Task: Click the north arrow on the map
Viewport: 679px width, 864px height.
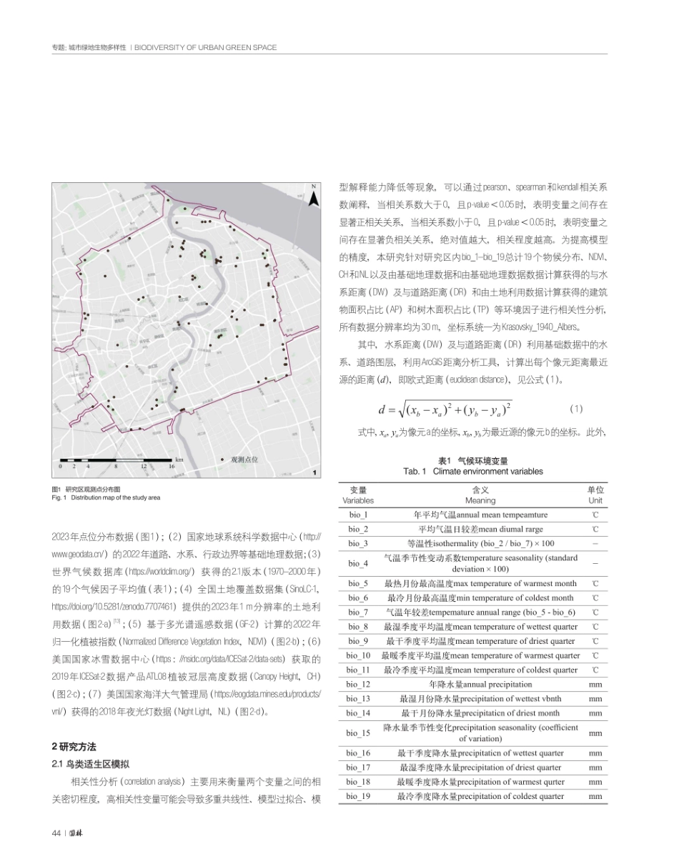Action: (x=312, y=197)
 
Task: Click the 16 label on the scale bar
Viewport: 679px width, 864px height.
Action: (x=172, y=466)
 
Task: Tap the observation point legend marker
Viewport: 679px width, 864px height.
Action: (x=223, y=460)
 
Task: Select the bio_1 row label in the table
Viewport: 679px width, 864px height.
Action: (x=358, y=515)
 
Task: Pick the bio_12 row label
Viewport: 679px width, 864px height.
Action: (x=358, y=684)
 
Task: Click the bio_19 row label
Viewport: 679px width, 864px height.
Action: (x=358, y=795)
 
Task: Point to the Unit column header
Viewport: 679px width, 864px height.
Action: (x=595, y=495)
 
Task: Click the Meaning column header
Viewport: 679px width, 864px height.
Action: (x=481, y=495)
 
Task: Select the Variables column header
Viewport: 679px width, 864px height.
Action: (x=358, y=495)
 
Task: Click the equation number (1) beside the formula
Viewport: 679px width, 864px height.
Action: (x=577, y=409)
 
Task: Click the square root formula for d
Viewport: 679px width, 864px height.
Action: (x=446, y=409)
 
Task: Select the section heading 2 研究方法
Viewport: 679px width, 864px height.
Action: (x=74, y=746)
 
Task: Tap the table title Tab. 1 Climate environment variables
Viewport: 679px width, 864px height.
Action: (x=472, y=471)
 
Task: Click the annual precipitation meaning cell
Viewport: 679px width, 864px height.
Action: (x=481, y=684)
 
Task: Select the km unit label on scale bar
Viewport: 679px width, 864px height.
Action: (x=179, y=460)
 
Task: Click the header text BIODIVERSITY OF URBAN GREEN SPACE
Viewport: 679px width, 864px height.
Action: (x=206, y=48)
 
